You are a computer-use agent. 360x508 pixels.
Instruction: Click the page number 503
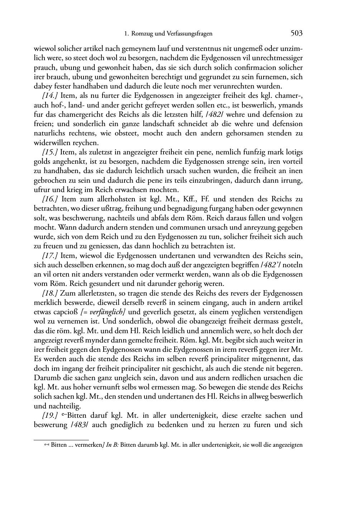pos(297,33)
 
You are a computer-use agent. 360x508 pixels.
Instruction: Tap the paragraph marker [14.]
pos(51,96)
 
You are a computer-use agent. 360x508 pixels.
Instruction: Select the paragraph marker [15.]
pos(51,152)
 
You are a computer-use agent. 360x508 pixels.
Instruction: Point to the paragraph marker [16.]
pos(51,199)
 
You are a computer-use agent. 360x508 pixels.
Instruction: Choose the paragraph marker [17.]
pos(51,255)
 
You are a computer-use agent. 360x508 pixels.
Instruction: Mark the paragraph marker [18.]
pos(51,293)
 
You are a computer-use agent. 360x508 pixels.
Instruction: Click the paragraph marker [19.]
pos(51,416)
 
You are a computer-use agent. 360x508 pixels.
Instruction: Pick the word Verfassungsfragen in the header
pos(190,34)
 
